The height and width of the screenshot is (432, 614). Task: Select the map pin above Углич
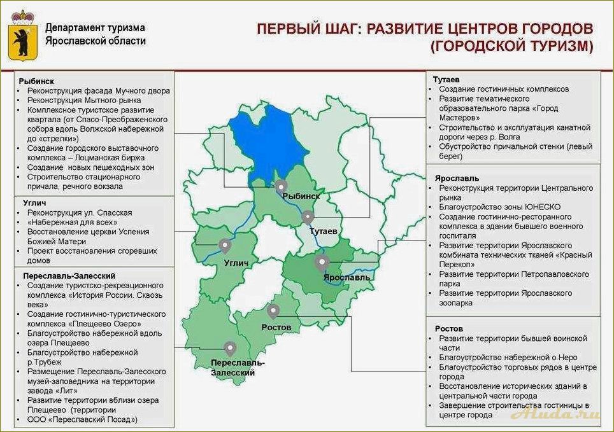pyautogui.click(x=224, y=245)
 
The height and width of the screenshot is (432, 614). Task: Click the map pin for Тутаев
pyautogui.click(x=308, y=217)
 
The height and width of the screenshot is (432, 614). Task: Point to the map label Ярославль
pyautogui.click(x=346, y=278)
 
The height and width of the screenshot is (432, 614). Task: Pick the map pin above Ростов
pyautogui.click(x=273, y=311)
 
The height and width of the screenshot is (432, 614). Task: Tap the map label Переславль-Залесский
pyautogui.click(x=238, y=367)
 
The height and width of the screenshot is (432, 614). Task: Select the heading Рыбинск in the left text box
pyautogui.click(x=36, y=81)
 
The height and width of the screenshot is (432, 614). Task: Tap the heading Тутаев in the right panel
pyautogui.click(x=446, y=80)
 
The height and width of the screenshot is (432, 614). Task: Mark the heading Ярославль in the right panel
pyautogui.click(x=457, y=179)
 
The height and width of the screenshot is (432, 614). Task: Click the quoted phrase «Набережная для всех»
pyautogui.click(x=72, y=222)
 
